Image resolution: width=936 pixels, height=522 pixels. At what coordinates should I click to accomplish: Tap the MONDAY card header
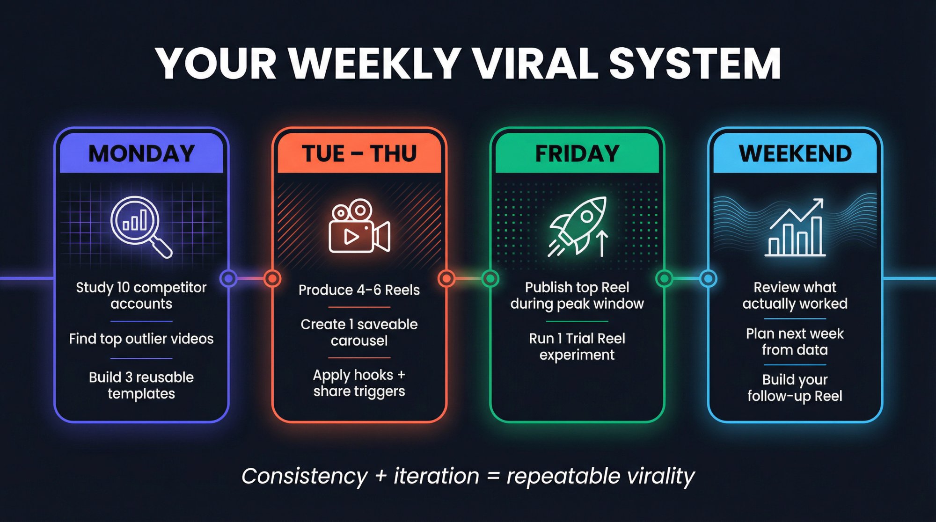141,153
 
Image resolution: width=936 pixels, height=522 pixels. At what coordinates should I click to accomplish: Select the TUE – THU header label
359,153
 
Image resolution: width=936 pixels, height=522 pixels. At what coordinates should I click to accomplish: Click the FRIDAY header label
577,153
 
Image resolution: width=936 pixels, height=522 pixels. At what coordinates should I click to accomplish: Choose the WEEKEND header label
795,153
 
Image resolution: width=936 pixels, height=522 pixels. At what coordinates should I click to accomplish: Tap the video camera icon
359,226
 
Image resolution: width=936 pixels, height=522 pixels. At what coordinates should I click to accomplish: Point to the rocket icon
577,225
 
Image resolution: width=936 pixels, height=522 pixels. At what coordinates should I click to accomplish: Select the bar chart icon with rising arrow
795,227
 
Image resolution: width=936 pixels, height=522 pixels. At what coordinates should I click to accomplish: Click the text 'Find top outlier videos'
141,339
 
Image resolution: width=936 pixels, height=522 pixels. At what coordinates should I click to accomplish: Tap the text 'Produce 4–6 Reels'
359,290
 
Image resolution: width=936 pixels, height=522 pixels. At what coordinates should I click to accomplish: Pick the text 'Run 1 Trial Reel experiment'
577,346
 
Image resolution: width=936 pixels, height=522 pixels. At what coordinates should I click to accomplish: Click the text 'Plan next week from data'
795,341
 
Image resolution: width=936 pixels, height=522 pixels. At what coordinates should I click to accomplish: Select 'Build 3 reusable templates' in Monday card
141,385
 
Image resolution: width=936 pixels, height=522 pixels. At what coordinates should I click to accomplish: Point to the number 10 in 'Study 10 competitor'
123,287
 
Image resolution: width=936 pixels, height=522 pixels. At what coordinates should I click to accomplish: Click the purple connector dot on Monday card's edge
228,279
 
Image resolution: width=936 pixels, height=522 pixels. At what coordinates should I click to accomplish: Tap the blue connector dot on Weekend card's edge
708,279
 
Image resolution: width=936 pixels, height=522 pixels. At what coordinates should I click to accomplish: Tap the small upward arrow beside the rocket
602,243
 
